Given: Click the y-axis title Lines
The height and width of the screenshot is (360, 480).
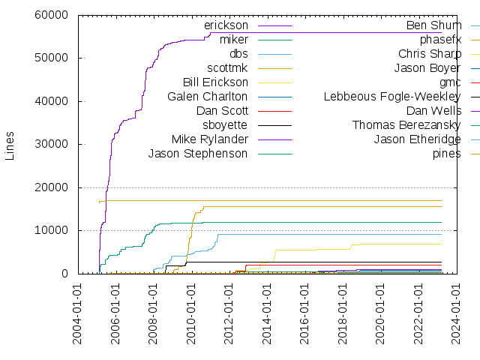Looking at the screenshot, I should point(10,144).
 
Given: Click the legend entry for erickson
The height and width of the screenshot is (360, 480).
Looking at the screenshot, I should point(226,25).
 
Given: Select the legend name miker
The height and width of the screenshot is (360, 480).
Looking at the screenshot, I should point(233,40).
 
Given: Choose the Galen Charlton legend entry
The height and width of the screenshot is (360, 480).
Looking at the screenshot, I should point(207,97).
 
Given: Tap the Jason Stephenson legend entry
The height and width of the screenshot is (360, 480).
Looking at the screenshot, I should point(198,154).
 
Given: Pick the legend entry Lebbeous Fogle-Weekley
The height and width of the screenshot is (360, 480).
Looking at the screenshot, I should point(392,97).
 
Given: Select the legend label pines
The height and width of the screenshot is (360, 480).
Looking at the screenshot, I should point(447,154).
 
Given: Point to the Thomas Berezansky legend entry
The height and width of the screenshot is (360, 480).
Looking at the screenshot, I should point(406,125).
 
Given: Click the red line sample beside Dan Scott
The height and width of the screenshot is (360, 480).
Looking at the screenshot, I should point(274,111).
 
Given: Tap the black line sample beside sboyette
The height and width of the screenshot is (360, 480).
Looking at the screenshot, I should point(274,125).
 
